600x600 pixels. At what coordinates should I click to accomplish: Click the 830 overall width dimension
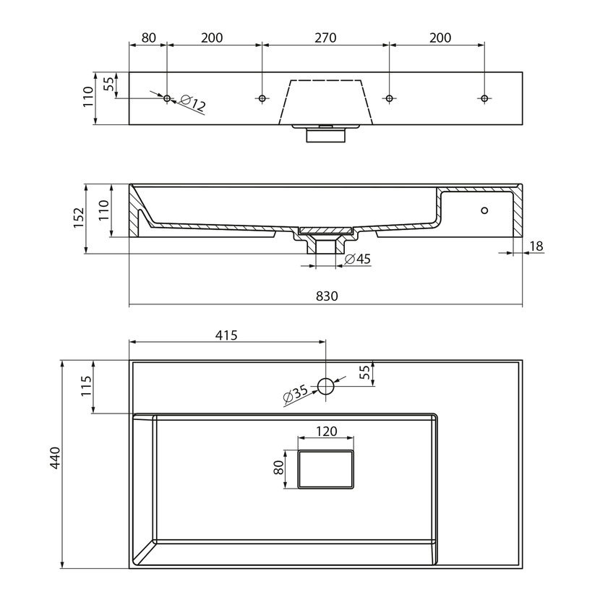pyautogui.click(x=327, y=296)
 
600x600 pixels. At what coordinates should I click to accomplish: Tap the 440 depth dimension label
pyautogui.click(x=55, y=458)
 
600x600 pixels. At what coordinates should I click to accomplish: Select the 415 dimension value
pyautogui.click(x=226, y=335)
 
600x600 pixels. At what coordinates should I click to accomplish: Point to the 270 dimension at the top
pyautogui.click(x=325, y=38)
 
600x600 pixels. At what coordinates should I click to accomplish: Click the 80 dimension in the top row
pyautogui.click(x=148, y=38)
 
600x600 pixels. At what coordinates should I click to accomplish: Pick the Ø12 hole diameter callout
pyautogui.click(x=193, y=103)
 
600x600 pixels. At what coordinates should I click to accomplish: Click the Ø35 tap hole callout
pyautogui.click(x=296, y=394)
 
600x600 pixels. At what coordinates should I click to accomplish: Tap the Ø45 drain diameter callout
pyautogui.click(x=358, y=259)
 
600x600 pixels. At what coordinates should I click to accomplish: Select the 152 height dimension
pyautogui.click(x=79, y=218)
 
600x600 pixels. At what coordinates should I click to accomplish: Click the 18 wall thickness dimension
pyautogui.click(x=536, y=246)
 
